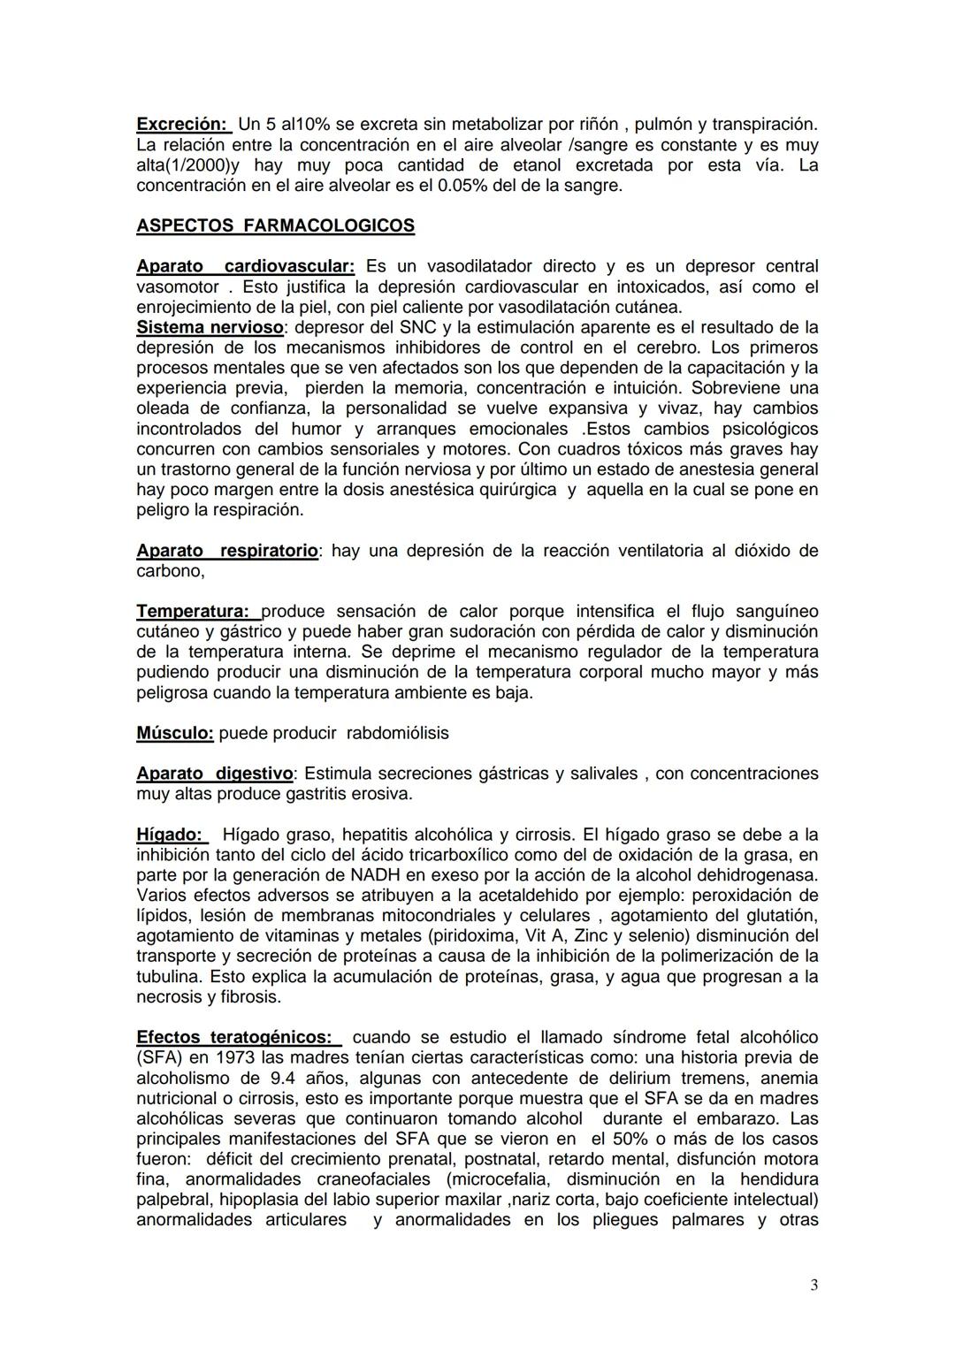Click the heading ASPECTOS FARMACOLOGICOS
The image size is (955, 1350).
click(x=275, y=225)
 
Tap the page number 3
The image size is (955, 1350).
click(x=814, y=1285)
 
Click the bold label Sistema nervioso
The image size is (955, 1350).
click(x=210, y=327)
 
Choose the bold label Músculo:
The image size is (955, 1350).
click(x=175, y=733)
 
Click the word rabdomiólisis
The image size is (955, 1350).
click(x=398, y=733)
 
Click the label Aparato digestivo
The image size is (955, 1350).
click(x=214, y=774)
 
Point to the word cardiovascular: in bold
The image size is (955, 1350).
click(x=289, y=266)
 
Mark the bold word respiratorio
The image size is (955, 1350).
click(x=269, y=551)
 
